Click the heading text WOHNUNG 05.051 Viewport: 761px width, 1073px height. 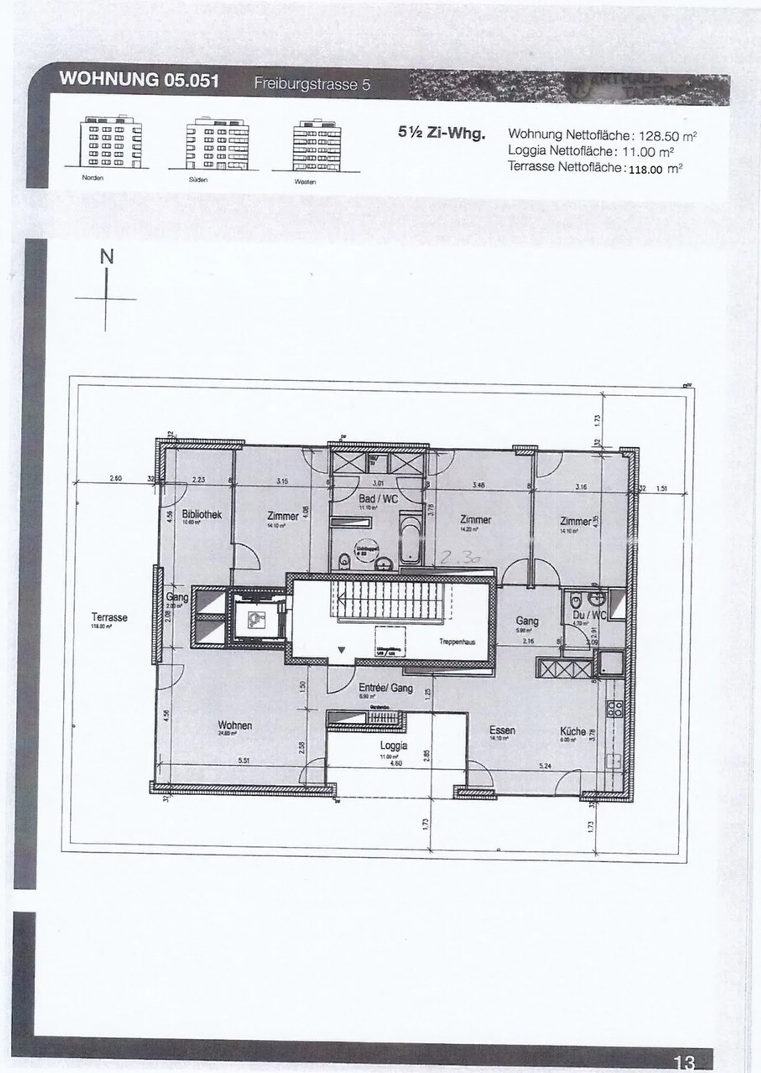138,80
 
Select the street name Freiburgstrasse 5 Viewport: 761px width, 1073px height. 312,84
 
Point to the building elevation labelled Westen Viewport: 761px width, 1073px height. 317,145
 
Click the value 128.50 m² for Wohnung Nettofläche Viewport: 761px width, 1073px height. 667,136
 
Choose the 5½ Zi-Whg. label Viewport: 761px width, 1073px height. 441,133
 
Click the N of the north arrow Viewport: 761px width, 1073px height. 107,257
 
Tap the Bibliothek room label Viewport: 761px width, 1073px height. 201,514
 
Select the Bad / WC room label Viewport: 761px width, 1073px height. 378,498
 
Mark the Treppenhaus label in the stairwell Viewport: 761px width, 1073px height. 457,642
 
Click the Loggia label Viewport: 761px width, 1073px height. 394,746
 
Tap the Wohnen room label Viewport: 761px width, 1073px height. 235,726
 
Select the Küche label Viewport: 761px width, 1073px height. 573,731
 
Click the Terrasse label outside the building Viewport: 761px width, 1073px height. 109,617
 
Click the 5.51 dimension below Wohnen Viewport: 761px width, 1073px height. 244,761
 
